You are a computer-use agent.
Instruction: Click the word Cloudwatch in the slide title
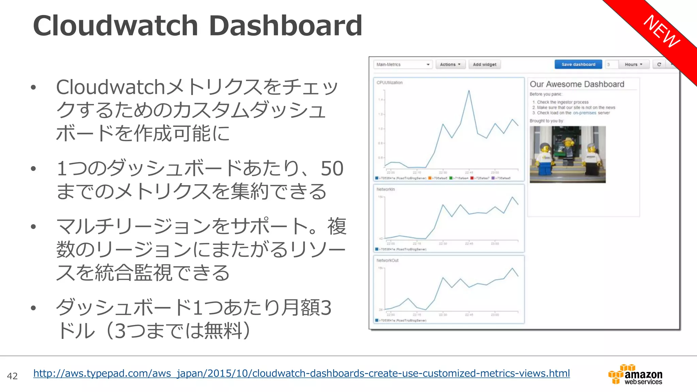pos(116,26)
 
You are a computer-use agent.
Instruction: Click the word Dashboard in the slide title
pos(286,26)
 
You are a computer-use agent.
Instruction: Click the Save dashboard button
pos(578,64)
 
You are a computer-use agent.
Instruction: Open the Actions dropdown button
pos(450,64)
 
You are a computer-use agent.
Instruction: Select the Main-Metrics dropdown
pos(403,64)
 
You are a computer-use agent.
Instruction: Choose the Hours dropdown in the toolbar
pos(633,64)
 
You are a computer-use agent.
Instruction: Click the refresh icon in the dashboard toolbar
pos(659,64)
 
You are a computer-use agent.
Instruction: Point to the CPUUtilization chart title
pos(389,83)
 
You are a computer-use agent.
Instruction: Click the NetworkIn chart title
pos(386,189)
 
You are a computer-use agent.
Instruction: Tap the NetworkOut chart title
pos(387,260)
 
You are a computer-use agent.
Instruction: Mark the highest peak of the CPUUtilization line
pos(469,91)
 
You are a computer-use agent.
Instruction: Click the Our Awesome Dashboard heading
pos(577,84)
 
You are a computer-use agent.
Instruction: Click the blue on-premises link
pos(584,113)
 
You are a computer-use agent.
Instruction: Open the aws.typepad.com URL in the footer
pos(301,373)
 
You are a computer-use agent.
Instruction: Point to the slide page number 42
pos(12,376)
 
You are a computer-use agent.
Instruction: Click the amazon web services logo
pos(635,375)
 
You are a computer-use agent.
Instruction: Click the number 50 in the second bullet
pos(332,168)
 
